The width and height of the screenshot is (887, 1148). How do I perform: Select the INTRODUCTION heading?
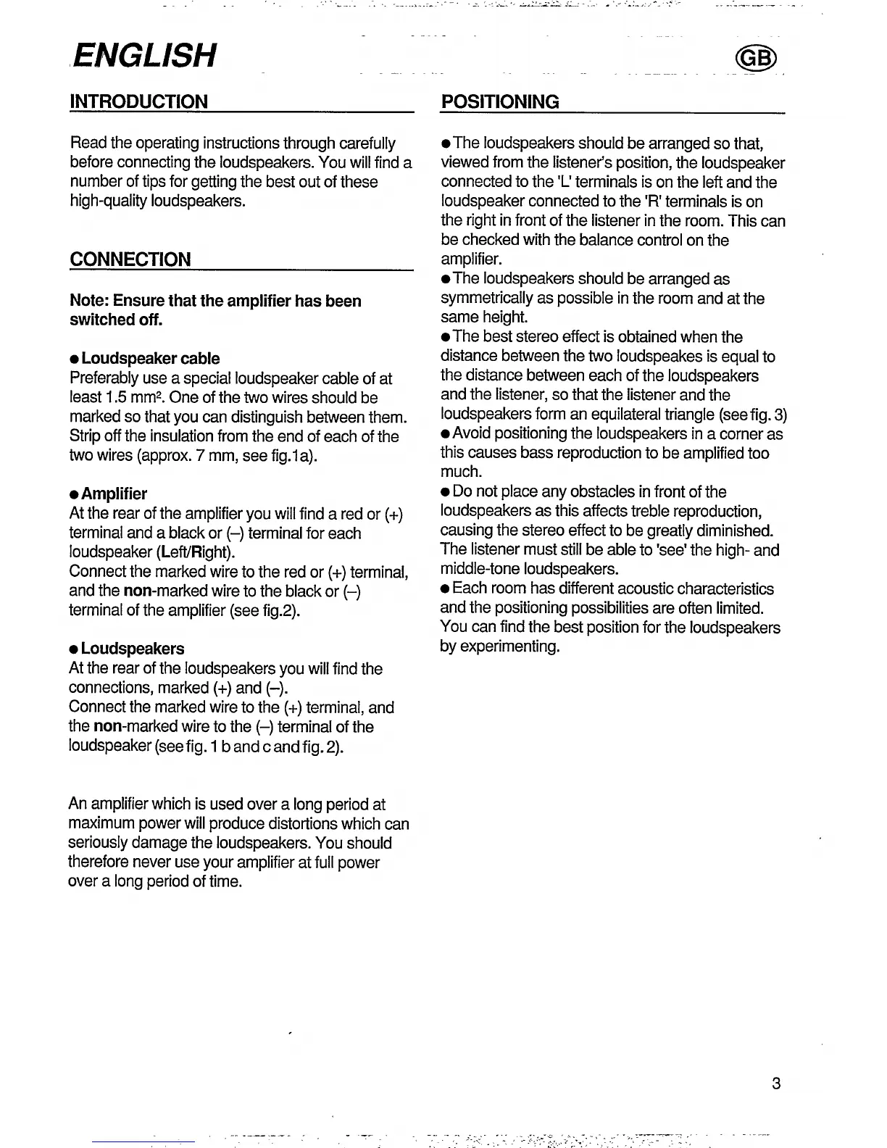click(138, 101)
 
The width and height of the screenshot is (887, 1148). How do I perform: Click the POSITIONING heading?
click(500, 101)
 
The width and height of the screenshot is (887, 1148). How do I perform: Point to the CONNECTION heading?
click(130, 259)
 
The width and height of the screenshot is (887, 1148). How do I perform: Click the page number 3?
click(776, 1084)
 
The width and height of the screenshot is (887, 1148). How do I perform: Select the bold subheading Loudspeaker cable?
click(150, 359)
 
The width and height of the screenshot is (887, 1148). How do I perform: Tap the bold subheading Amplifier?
click(114, 494)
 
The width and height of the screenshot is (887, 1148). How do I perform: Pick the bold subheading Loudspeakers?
click(133, 649)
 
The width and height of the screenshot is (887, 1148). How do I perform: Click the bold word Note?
click(89, 301)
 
